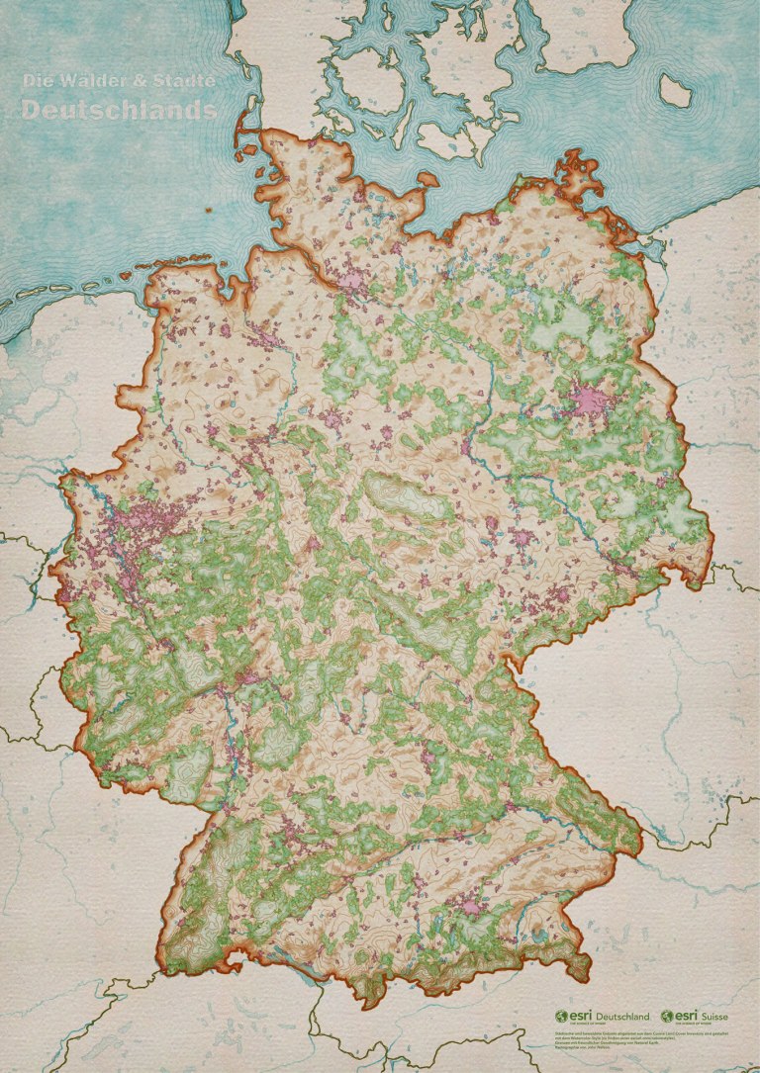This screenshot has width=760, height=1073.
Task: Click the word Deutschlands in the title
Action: click(x=119, y=111)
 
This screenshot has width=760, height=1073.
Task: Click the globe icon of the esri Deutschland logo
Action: click(x=561, y=1016)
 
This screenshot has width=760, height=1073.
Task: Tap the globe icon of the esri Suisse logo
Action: click(x=668, y=1016)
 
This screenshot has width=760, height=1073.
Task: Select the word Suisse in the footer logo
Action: click(x=721, y=1016)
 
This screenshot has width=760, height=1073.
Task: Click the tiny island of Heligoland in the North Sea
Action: click(x=210, y=211)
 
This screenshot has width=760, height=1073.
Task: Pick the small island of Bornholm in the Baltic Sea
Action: click(x=675, y=92)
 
